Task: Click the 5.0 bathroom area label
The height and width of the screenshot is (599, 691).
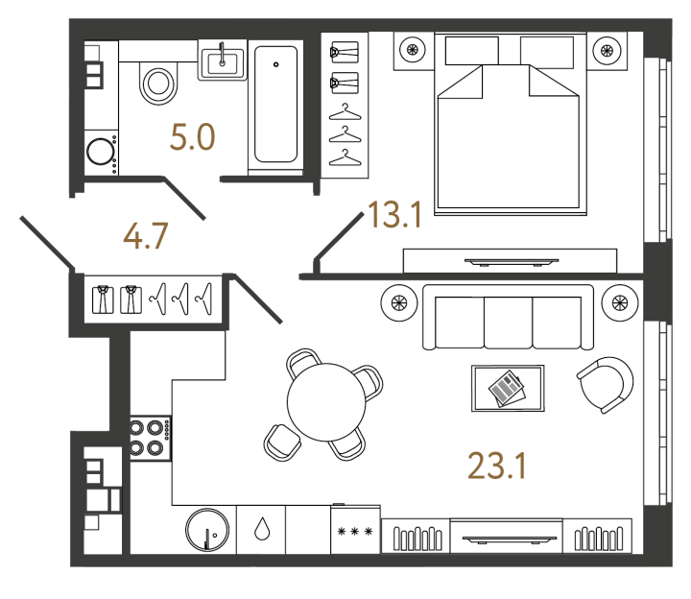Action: [x=193, y=137]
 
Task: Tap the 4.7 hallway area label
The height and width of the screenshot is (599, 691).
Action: [x=146, y=236]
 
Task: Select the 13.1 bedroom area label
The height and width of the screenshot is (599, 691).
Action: [x=394, y=215]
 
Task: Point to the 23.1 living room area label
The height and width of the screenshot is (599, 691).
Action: [x=497, y=466]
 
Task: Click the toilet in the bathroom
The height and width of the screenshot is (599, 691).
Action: [x=158, y=83]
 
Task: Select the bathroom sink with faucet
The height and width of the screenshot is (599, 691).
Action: [x=222, y=60]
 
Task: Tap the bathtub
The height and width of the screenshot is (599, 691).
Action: [x=275, y=105]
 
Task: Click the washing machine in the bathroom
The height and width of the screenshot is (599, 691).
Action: [x=101, y=152]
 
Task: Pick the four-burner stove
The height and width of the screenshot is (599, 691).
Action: [x=150, y=438]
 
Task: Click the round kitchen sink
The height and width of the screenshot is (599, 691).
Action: [x=207, y=530]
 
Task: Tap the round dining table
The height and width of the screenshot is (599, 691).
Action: [x=326, y=402]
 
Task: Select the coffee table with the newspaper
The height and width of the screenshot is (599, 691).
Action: [x=508, y=388]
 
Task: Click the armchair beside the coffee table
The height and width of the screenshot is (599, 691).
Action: [x=606, y=385]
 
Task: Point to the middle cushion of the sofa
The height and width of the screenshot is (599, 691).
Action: [x=508, y=323]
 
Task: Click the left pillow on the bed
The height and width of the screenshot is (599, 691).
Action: [x=471, y=51]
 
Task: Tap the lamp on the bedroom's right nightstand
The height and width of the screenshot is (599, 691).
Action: [x=607, y=50]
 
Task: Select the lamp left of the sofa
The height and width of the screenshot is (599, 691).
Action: [x=399, y=302]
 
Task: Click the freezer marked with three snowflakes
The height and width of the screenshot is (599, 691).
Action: [x=355, y=530]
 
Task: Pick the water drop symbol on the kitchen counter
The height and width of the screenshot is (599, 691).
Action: [x=262, y=529]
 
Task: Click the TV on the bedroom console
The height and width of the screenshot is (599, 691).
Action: [x=512, y=262]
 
